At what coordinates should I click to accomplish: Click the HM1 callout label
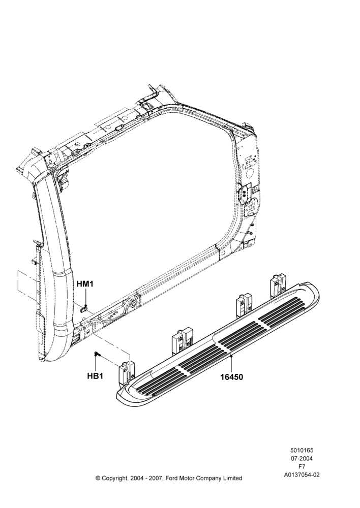click(85, 284)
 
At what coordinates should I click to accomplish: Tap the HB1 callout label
click(95, 376)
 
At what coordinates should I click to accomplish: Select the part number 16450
click(232, 377)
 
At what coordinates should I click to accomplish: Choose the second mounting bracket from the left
click(182, 342)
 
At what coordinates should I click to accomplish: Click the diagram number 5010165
click(302, 450)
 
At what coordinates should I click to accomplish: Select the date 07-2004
click(302, 458)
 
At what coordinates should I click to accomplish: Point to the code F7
click(302, 466)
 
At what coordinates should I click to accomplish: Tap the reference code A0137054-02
click(302, 475)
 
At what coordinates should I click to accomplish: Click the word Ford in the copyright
click(172, 478)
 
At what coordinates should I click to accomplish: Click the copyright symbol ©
click(98, 478)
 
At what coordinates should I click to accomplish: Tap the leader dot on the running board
click(231, 356)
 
